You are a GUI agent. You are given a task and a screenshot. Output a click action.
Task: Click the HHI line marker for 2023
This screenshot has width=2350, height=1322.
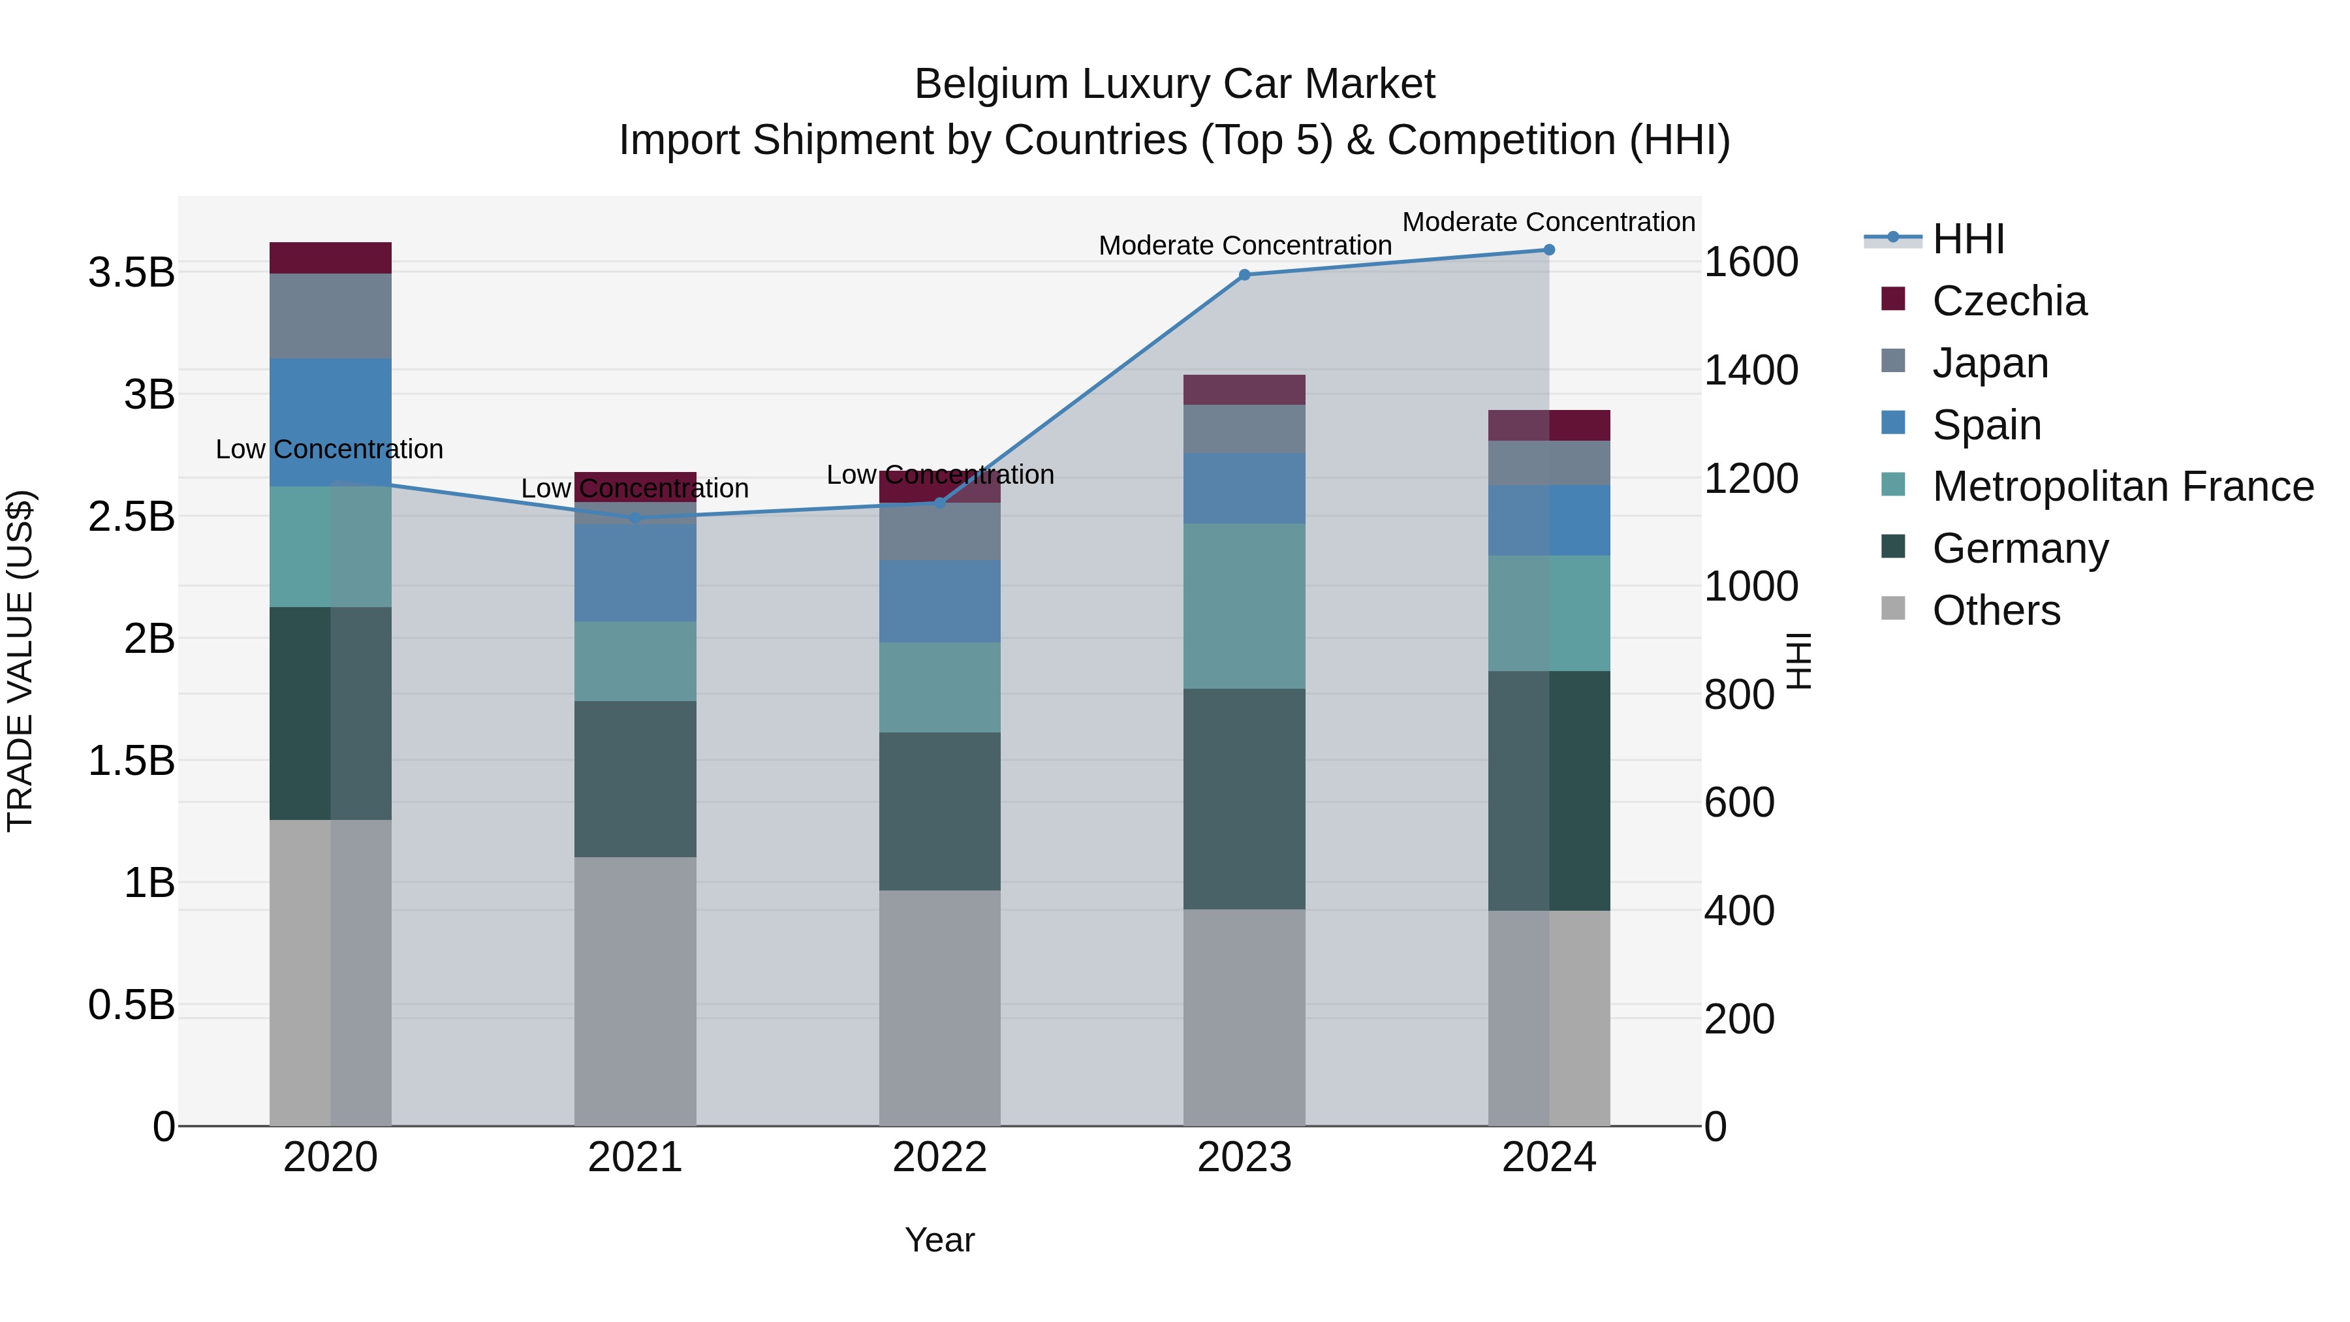click(x=1244, y=275)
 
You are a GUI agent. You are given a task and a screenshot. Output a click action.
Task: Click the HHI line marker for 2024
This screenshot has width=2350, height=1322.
click(x=1549, y=250)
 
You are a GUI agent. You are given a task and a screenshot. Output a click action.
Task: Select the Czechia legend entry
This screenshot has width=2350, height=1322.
click(x=2008, y=301)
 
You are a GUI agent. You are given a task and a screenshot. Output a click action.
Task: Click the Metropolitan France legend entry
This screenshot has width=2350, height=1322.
click(x=2122, y=487)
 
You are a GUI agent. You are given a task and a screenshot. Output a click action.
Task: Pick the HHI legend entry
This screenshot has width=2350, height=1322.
click(x=1967, y=239)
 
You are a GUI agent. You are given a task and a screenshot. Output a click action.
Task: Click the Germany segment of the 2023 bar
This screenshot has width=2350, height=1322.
click(x=1244, y=798)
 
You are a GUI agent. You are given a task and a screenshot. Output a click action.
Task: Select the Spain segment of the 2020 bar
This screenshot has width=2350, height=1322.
click(x=330, y=422)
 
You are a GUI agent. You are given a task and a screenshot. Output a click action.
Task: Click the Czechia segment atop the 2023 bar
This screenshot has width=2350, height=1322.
click(x=1244, y=390)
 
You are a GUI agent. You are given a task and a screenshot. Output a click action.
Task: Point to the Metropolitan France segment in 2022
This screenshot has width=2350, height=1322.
click(x=939, y=687)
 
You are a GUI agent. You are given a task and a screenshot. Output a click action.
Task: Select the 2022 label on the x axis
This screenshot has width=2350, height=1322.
click(x=939, y=1157)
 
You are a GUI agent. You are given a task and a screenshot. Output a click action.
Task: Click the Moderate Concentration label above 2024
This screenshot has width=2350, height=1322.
click(x=1548, y=222)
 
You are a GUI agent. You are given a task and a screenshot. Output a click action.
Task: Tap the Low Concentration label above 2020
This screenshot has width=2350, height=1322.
click(x=330, y=449)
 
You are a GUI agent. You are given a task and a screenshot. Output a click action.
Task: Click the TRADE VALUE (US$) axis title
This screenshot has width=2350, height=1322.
click(x=20, y=661)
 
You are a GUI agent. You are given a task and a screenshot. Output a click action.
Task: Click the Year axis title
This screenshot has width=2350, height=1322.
click(x=939, y=1240)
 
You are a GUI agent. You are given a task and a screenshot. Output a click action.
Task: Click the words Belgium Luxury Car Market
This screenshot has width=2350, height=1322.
click(x=1174, y=84)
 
